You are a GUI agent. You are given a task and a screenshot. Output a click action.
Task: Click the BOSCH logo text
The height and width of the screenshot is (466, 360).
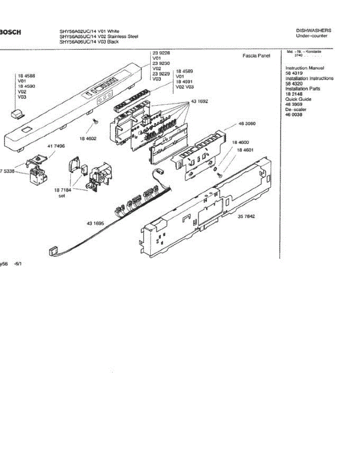click(x=10, y=32)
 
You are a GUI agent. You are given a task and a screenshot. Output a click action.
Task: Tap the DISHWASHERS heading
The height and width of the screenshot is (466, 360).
click(x=313, y=30)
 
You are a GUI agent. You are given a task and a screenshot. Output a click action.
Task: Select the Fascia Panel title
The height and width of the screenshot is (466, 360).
click(x=256, y=56)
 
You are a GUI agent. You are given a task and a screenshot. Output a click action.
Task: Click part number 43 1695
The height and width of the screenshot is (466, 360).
click(x=95, y=223)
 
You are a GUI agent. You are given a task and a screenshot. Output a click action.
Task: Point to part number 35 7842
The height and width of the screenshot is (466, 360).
click(x=246, y=216)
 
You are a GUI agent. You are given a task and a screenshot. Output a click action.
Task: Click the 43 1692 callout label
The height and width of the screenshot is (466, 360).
click(x=199, y=102)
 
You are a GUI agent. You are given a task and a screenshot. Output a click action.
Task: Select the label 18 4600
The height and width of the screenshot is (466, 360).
click(x=240, y=143)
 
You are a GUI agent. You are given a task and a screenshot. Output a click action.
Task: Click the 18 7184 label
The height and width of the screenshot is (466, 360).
click(x=62, y=191)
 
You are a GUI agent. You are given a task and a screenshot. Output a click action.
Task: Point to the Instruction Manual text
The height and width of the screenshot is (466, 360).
click(x=304, y=68)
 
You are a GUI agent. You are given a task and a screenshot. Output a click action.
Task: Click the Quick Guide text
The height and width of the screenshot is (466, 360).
click(x=298, y=99)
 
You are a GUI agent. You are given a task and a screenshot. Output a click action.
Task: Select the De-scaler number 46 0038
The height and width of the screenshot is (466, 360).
click(x=294, y=115)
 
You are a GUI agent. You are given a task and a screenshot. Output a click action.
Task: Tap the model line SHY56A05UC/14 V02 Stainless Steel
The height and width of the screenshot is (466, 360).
click(x=99, y=37)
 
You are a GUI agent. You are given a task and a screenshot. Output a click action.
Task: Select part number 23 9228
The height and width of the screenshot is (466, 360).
click(x=161, y=53)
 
